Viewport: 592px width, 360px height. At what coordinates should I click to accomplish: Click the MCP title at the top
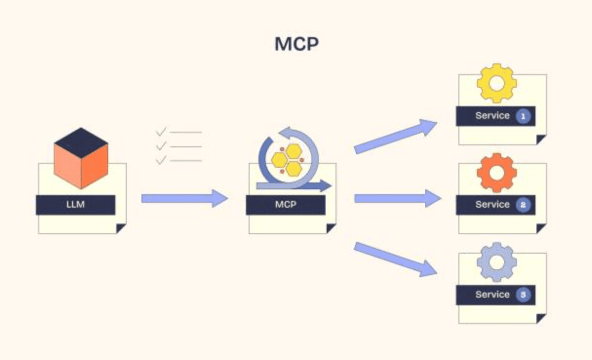tap(296, 44)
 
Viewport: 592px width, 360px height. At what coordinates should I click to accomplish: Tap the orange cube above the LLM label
tap(81, 159)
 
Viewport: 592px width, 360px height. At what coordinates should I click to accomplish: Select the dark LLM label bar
tap(76, 205)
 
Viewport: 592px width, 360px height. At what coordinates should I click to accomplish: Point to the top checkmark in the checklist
tap(161, 132)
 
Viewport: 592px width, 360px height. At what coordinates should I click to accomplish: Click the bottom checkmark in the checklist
tap(161, 160)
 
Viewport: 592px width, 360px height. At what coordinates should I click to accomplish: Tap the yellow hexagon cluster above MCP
tap(288, 160)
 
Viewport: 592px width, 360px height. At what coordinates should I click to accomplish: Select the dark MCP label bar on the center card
tap(285, 205)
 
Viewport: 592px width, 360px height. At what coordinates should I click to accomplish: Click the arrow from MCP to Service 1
tap(395, 137)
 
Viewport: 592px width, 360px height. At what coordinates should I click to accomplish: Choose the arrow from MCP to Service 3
tap(395, 259)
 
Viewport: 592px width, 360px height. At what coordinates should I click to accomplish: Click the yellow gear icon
tap(496, 83)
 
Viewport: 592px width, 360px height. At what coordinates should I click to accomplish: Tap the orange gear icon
tap(496, 173)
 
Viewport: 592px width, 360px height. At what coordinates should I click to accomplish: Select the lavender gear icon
tap(496, 262)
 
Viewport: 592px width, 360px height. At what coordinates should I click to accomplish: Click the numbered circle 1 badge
tap(523, 116)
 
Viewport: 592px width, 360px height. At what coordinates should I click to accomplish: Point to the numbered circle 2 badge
tap(523, 205)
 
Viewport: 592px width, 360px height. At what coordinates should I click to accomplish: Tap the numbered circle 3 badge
tap(523, 295)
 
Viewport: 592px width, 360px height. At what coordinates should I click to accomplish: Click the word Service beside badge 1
tap(492, 116)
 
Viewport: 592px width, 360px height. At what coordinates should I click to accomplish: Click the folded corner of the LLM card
tap(121, 228)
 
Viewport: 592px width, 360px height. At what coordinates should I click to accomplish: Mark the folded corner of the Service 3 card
tap(541, 319)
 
